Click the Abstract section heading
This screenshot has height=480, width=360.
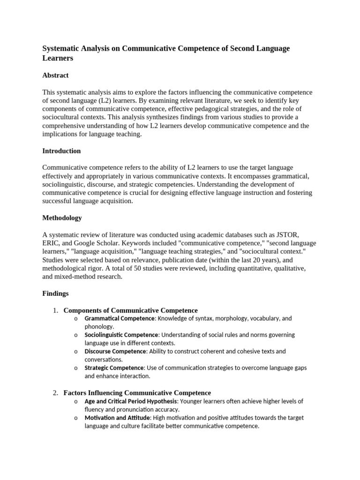point(55,75)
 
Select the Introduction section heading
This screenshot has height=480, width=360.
point(61,151)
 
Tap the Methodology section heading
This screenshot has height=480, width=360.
point(62,218)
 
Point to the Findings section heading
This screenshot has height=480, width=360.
point(55,293)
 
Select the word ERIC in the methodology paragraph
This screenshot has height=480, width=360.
point(51,243)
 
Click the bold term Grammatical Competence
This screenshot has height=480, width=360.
point(120,319)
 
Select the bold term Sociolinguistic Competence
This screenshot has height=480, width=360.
point(121,335)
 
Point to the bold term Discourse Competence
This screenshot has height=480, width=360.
point(115,352)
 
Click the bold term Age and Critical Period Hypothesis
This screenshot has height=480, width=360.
point(131,402)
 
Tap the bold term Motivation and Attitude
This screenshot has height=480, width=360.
point(117,418)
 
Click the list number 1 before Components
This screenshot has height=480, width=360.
point(55,310)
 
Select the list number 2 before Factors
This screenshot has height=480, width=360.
point(55,393)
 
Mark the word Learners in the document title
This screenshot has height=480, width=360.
point(58,59)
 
